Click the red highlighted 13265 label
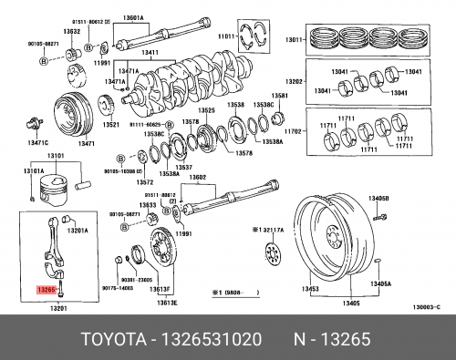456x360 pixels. pos(47,287)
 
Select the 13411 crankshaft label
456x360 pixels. pos(150,52)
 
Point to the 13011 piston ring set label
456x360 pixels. pos(295,40)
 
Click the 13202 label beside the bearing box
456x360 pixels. pos(295,81)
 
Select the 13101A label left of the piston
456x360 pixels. pos(33,170)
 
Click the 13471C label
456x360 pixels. pos(37,143)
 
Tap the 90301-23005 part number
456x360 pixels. pos(139,280)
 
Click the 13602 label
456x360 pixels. pos(197,177)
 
